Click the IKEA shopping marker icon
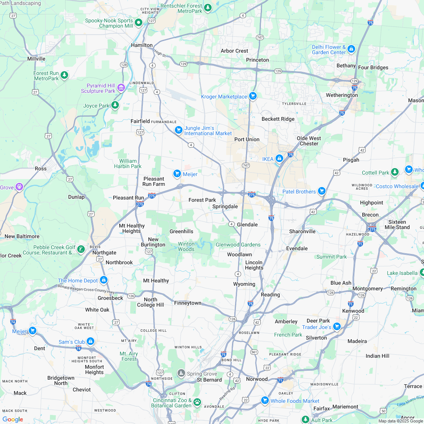tap(279, 158)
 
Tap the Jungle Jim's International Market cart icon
tap(179, 130)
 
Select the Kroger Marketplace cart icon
tap(253, 96)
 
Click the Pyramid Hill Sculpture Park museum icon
tap(121, 88)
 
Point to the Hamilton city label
tap(142, 45)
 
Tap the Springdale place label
tap(225, 206)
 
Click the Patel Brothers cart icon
tap(321, 191)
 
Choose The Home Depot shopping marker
tap(104, 280)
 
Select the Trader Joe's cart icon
tap(337, 327)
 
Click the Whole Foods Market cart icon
tap(265, 400)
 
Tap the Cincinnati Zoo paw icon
tap(197, 402)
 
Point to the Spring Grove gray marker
tap(181, 374)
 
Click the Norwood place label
tap(257, 379)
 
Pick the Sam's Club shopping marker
tap(90, 341)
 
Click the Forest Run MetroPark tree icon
tap(65, 75)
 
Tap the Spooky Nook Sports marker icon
tap(139, 23)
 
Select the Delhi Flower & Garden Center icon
tap(351, 49)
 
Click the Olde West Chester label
tap(309, 141)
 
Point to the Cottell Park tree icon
tap(395, 172)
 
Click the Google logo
tap(12, 419)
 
